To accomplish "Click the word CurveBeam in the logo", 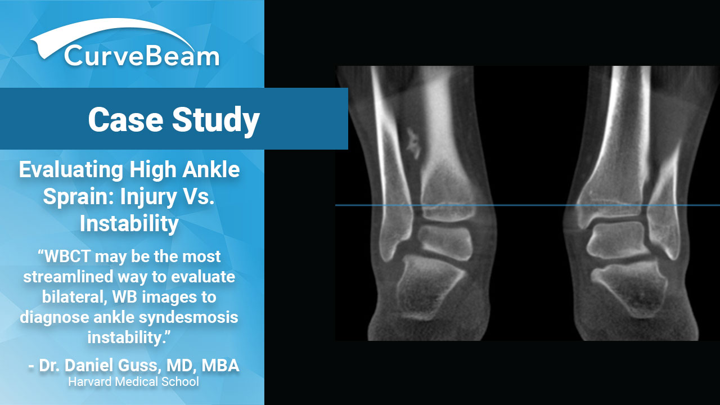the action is pyautogui.click(x=142, y=56).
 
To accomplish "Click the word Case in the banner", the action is pyautogui.click(x=125, y=119).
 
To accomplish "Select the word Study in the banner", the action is pyautogui.click(x=216, y=120).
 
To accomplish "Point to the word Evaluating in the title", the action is pyautogui.click(x=71, y=170).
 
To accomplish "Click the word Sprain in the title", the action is pyautogui.click(x=79, y=196).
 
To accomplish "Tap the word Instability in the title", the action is pyautogui.click(x=129, y=223).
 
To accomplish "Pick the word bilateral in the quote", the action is pyautogui.click(x=75, y=296).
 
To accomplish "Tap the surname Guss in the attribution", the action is pyautogui.click(x=140, y=366).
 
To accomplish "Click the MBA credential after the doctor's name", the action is pyautogui.click(x=220, y=366).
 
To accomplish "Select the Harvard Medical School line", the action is pyautogui.click(x=133, y=382).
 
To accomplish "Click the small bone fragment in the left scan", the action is pyautogui.click(x=413, y=143).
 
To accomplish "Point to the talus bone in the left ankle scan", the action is pyautogui.click(x=444, y=242).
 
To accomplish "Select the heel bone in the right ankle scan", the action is pyautogui.click(x=630, y=289).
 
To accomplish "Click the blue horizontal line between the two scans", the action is pyautogui.click(x=528, y=205).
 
